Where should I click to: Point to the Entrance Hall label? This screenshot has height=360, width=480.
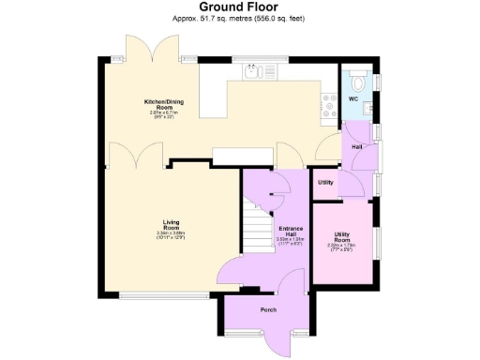click(288, 232)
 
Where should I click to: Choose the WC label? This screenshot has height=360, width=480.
click(353, 97)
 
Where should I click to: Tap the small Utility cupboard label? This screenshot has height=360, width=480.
click(325, 182)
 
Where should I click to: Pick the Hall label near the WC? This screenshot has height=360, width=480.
click(357, 147)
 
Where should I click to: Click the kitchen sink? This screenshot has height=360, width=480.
click(253, 71)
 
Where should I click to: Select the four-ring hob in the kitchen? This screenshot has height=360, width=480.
click(331, 104)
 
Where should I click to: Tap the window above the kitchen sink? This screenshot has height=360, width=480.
click(253, 60)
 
